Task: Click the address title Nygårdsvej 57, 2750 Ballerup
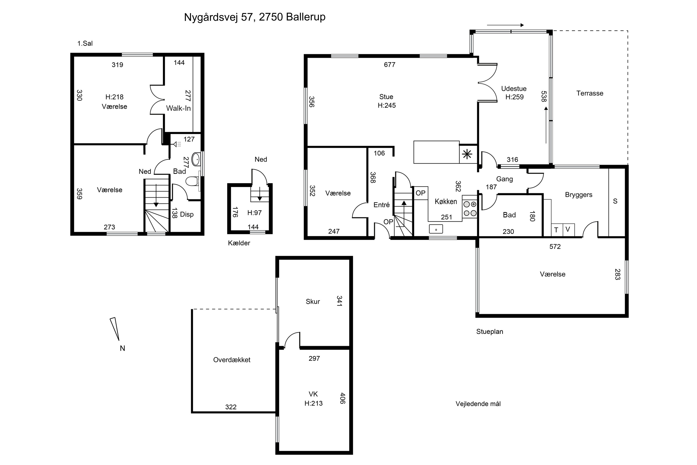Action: coord(255,17)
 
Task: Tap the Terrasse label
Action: coord(590,93)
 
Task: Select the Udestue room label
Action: coord(514,88)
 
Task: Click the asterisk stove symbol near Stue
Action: coord(467,154)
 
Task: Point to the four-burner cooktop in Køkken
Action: coord(470,209)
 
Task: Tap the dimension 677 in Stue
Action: coord(390,65)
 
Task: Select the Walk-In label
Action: coord(178,108)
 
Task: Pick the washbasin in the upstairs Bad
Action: coord(196,159)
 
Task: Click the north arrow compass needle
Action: coord(115,329)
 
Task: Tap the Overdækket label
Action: coord(232,360)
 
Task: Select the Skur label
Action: coord(313,302)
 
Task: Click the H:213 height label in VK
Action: coord(313,403)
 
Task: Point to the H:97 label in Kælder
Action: coord(255,213)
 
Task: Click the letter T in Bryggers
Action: coord(556,230)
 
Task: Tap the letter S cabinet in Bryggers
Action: coord(615,201)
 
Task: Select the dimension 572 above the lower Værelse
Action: coord(555,246)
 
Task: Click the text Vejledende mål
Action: coord(478,404)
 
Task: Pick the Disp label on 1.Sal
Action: coord(187,214)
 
